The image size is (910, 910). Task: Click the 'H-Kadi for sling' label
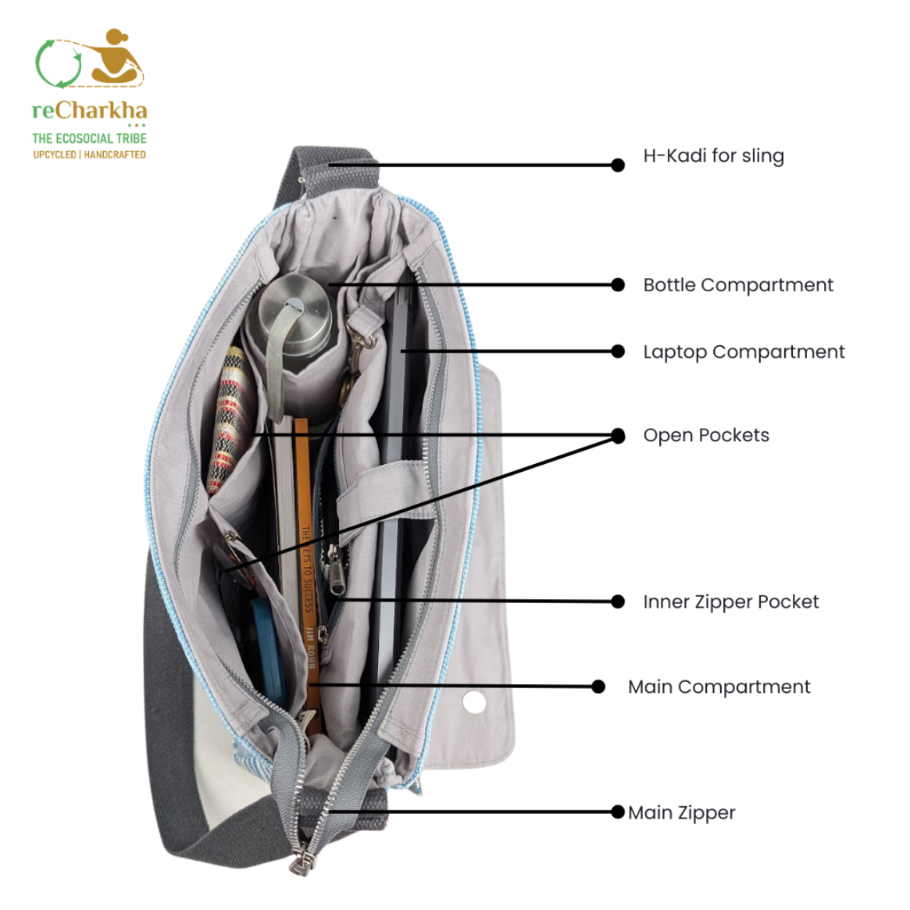[x=713, y=155]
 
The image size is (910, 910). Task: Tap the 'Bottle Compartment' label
[x=737, y=285]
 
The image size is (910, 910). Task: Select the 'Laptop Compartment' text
[x=744, y=352]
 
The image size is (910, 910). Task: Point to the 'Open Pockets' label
[x=705, y=435]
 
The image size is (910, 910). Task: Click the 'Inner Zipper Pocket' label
[x=730, y=601]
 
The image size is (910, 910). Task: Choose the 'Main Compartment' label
[x=719, y=687]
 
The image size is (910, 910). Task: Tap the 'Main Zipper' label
[x=681, y=812]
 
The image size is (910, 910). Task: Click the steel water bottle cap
[x=294, y=310]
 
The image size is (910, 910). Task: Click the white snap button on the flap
[x=474, y=701]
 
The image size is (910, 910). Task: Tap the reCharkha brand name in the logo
[x=89, y=110]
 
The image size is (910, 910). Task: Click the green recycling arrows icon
[x=58, y=64]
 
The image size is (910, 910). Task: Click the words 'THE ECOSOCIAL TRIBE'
[x=89, y=138]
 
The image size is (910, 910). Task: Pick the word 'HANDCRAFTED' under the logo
[x=115, y=155]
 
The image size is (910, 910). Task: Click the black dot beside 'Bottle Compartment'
[x=618, y=285]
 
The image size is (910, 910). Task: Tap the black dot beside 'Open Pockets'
[x=618, y=435]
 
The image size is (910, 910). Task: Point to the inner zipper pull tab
[x=335, y=571]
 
